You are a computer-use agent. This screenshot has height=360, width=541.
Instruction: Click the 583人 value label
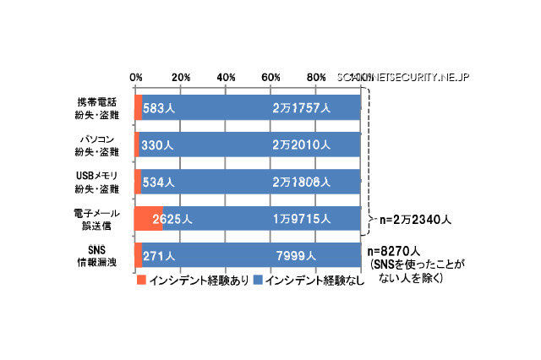[159, 108]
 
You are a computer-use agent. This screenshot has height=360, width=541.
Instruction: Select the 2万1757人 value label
[302, 108]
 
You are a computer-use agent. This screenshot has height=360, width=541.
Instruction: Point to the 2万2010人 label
[302, 145]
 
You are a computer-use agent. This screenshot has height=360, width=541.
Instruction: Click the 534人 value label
[159, 182]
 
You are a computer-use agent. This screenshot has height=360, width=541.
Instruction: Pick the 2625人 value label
[173, 219]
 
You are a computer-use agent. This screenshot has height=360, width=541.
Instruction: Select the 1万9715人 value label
[302, 219]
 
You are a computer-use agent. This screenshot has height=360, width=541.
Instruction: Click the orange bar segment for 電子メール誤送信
[148, 219]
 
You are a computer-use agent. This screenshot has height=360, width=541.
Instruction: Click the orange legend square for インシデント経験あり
[141, 280]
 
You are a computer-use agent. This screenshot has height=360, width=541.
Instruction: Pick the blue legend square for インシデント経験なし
[258, 280]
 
